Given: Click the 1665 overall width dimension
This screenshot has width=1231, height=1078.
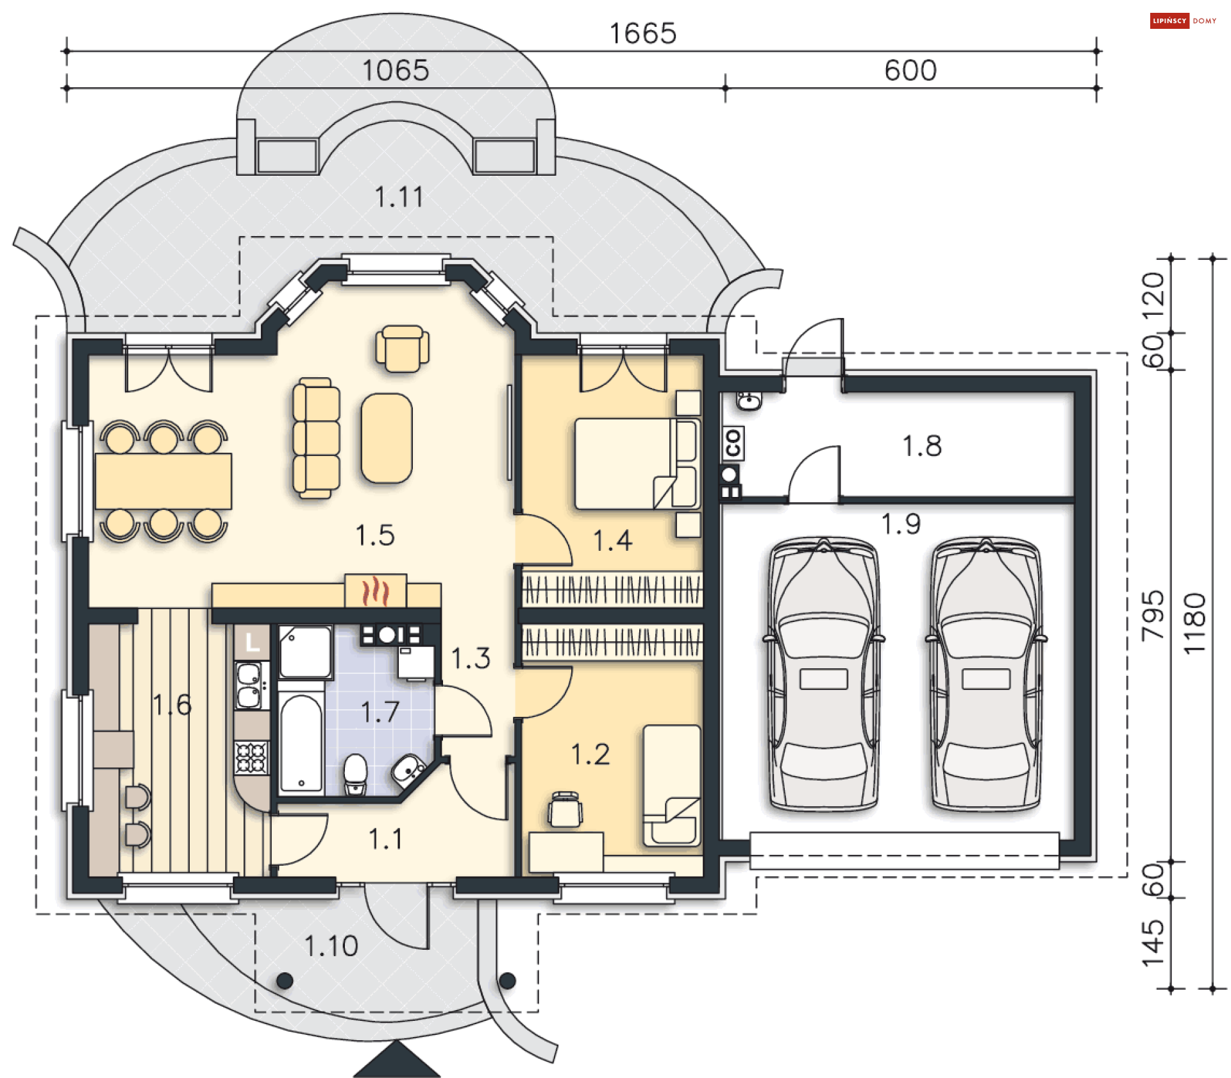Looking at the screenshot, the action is [642, 33].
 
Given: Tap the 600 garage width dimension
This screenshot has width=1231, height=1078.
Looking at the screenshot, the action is [910, 71].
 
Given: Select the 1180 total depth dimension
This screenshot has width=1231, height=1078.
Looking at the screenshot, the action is [1195, 623].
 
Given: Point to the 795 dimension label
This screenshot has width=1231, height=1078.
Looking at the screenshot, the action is [1153, 615].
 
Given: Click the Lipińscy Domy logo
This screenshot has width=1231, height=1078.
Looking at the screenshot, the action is [1183, 21].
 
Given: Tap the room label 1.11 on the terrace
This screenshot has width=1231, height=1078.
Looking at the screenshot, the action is [399, 197].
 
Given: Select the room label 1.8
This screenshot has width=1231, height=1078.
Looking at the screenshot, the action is [922, 446].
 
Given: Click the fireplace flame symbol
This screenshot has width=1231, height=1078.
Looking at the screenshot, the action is [376, 591].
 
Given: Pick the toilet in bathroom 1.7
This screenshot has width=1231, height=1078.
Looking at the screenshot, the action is [355, 774].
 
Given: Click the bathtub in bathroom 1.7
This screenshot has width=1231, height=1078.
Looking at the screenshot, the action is [301, 744].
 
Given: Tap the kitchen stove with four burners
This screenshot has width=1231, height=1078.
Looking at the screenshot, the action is [251, 757].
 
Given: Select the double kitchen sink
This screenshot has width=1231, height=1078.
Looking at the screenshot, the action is [249, 685].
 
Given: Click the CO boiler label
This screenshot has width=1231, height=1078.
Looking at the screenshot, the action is [733, 443].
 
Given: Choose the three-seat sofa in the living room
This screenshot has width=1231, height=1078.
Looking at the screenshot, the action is [316, 438].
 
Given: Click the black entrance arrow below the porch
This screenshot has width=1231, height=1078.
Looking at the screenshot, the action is [396, 1059].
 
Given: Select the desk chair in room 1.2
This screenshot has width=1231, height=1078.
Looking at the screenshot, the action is [565, 809].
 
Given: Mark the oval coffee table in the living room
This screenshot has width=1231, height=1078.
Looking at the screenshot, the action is [387, 438].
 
